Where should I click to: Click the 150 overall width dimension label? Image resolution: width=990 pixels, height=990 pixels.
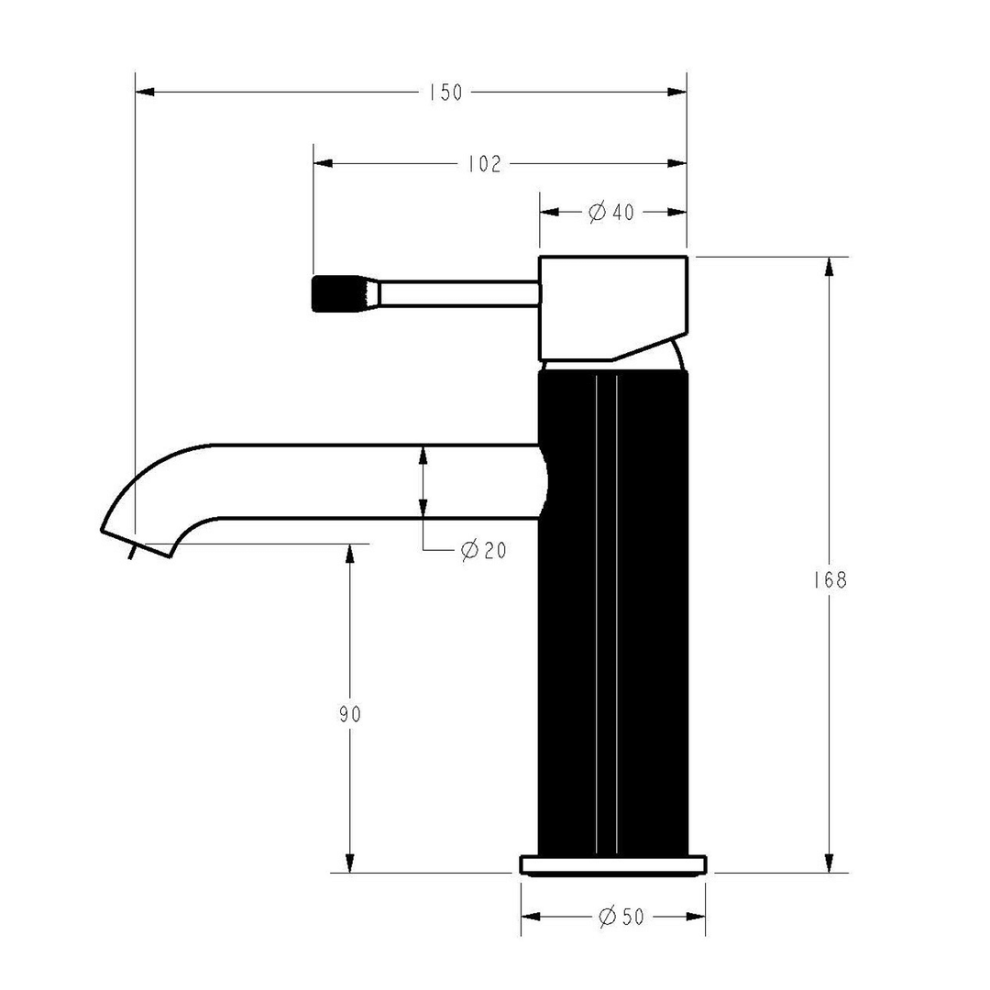click(445, 93)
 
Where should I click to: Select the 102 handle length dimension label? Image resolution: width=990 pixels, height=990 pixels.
click(484, 164)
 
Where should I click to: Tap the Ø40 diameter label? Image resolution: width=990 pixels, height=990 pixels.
click(611, 213)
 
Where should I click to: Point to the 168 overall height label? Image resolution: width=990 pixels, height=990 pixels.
click(830, 580)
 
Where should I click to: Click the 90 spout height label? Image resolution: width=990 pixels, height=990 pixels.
click(349, 714)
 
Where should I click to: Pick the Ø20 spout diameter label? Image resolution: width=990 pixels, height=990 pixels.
click(483, 550)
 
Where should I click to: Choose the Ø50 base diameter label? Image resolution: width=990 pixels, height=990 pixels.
click(621, 918)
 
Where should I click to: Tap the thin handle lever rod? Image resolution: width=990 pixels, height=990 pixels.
click(458, 293)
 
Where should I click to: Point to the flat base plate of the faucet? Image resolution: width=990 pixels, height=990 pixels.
click(613, 864)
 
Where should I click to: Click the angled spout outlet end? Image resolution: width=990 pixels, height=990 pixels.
click(137, 541)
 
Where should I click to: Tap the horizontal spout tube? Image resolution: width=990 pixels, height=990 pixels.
click(367, 481)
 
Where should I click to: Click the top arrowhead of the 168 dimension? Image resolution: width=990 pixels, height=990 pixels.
click(830, 267)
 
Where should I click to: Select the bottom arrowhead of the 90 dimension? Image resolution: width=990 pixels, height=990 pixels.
click(349, 863)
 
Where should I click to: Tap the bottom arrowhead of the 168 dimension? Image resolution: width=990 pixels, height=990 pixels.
click(830, 863)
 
